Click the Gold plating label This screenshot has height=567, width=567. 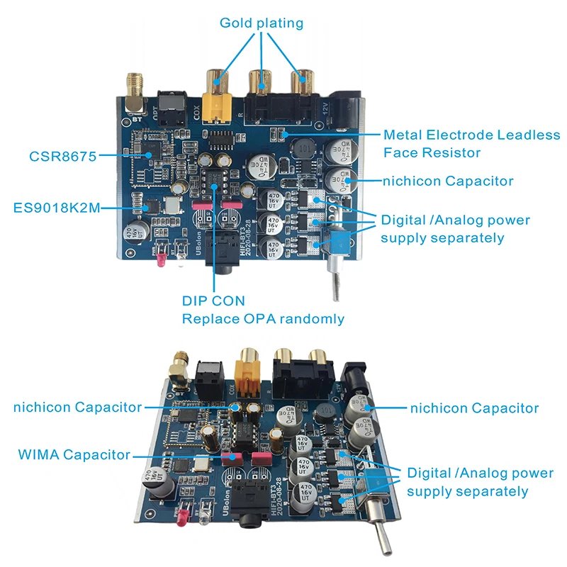pos(261,23)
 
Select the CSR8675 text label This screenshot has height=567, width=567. pos(62,156)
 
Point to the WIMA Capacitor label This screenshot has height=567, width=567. pos(74,454)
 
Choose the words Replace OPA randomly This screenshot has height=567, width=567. pos(263,319)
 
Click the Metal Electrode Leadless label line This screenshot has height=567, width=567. pos(471,135)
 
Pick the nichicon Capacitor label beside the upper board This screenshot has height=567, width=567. pos(447,181)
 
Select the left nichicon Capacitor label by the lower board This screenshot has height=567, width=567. pos(78,407)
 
